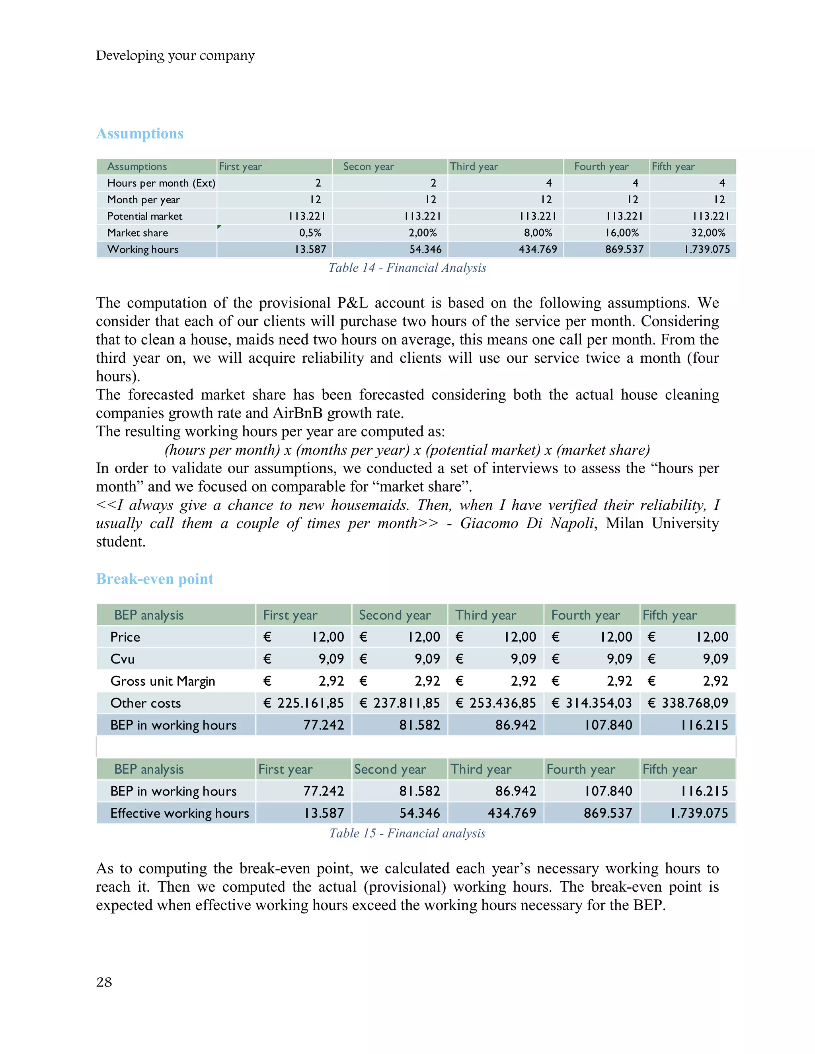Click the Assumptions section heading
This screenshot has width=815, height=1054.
140,133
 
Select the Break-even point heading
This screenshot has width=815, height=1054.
154,579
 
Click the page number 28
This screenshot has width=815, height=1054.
104,982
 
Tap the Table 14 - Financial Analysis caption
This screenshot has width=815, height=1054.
407,268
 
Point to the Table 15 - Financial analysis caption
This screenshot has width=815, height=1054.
407,833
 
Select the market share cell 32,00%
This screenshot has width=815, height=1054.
708,233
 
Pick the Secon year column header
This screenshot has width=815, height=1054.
369,167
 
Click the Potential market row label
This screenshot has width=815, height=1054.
145,216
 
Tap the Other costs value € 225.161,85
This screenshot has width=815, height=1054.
304,703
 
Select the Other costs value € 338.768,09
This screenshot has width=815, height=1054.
688,703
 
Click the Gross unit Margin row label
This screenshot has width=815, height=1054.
163,681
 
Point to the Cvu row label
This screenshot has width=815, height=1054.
122,659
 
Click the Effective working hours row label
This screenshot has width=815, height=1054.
179,813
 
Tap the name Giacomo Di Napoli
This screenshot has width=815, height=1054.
526,524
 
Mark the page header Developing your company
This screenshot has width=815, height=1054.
175,56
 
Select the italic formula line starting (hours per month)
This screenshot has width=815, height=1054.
407,450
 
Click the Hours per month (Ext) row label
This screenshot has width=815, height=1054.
161,183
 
